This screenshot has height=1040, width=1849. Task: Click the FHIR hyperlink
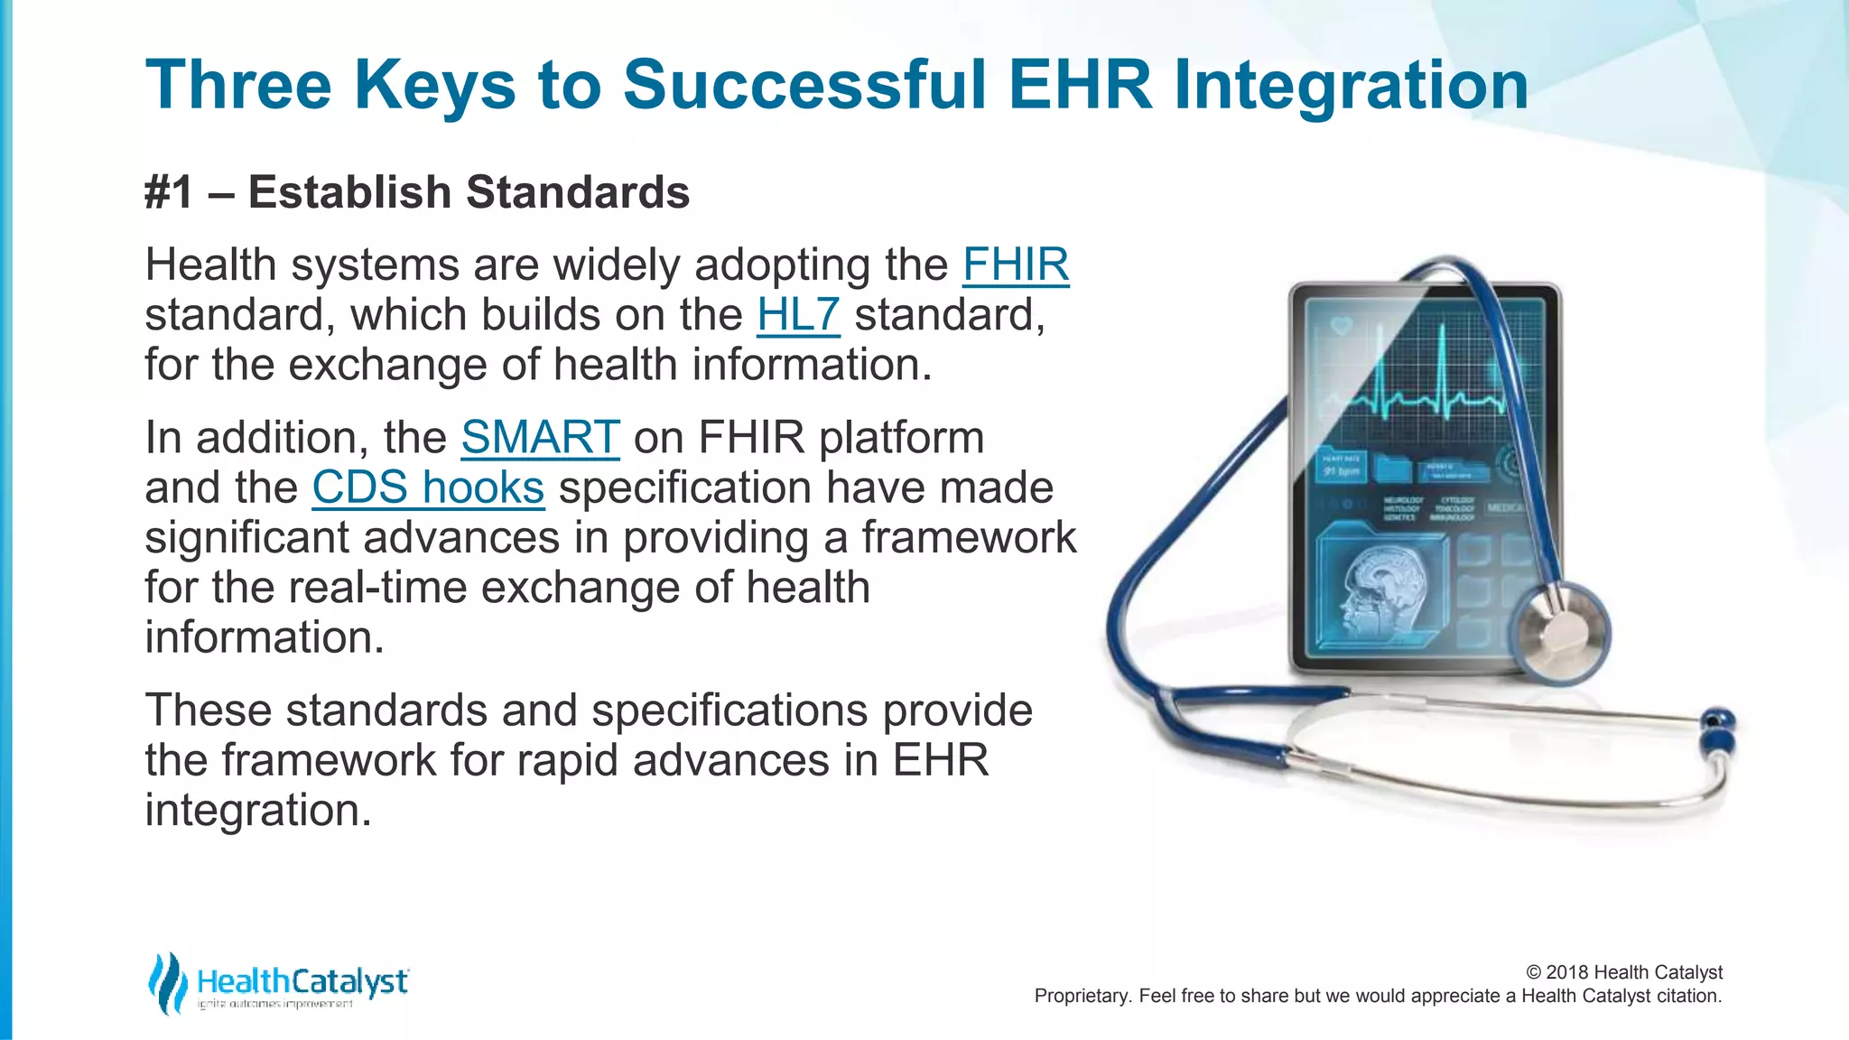1016,265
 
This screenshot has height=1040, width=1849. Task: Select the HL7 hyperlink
798,315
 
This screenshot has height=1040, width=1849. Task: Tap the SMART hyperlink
540,438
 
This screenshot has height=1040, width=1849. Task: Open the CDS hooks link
428,488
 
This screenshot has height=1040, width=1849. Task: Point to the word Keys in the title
434,85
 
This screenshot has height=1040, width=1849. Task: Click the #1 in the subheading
169,193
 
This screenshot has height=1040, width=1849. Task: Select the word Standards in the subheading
578,193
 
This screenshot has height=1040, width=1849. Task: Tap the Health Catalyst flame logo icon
167,982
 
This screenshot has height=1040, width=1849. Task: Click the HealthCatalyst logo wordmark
302,981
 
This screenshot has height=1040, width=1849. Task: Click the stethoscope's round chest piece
1560,632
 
